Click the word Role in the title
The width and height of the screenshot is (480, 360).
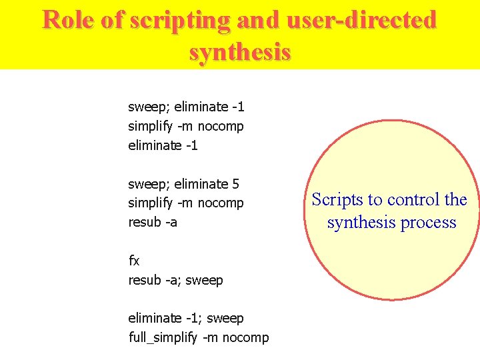[x=69, y=20]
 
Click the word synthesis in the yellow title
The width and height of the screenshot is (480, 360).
[x=240, y=51]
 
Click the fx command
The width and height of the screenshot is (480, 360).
[x=134, y=261]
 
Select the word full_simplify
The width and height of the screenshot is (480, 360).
[x=163, y=337]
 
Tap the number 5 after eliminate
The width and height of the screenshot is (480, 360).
[x=236, y=183]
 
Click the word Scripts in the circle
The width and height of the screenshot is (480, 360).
[x=337, y=199]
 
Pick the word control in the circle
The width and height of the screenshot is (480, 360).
[x=413, y=199]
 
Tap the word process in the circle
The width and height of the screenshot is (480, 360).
[x=431, y=222]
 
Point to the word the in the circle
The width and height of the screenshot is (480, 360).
[x=457, y=199]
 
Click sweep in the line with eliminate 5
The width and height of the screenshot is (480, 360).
[x=147, y=183]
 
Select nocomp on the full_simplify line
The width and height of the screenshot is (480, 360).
[x=246, y=337]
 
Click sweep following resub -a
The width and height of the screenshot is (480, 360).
[x=205, y=280]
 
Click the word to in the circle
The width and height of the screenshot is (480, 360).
[x=375, y=199]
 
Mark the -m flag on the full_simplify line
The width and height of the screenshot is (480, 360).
[x=210, y=337]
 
